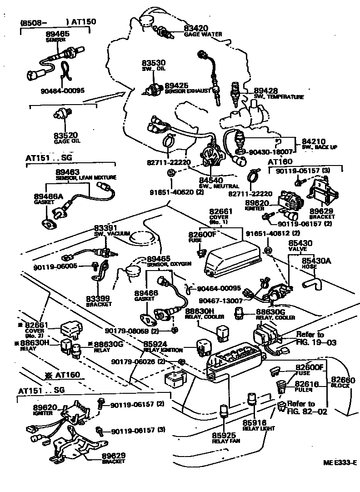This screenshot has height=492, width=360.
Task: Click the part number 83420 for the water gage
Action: [197, 28]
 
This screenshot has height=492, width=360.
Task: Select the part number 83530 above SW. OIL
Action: [152, 63]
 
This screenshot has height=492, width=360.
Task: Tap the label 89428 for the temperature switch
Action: [266, 91]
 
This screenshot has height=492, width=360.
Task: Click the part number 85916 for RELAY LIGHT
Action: [257, 422]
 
